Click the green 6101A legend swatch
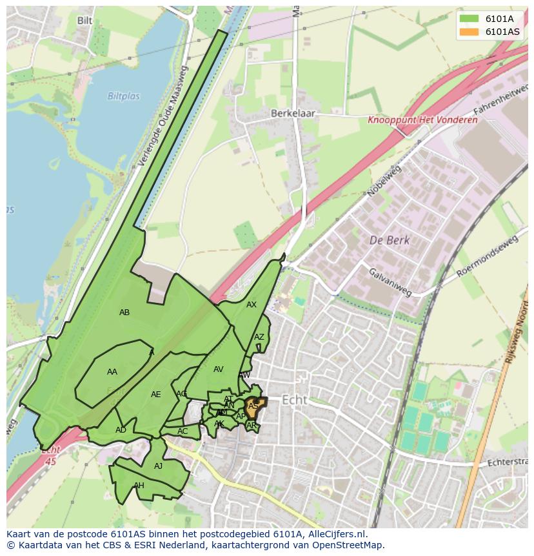pyautogui.click(x=470, y=19)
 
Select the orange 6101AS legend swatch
pyautogui.click(x=470, y=32)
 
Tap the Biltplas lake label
pyautogui.click(x=123, y=96)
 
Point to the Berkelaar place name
pyautogui.click(x=291, y=112)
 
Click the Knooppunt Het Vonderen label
pyautogui.click(x=422, y=120)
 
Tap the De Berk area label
pyautogui.click(x=390, y=240)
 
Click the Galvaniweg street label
pyautogui.click(x=390, y=282)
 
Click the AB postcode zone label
pyautogui.click(x=124, y=313)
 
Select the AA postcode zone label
pyautogui.click(x=112, y=372)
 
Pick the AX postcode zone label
pyautogui.click(x=252, y=305)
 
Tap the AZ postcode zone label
pyautogui.click(x=259, y=337)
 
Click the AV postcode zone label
pyautogui.click(x=218, y=369)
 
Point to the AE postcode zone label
pyautogui.click(x=155, y=395)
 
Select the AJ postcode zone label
pyautogui.click(x=159, y=466)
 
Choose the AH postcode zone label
pyautogui.click(x=139, y=486)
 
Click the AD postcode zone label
pyautogui.click(x=121, y=430)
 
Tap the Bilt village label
pyautogui.click(x=84, y=21)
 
